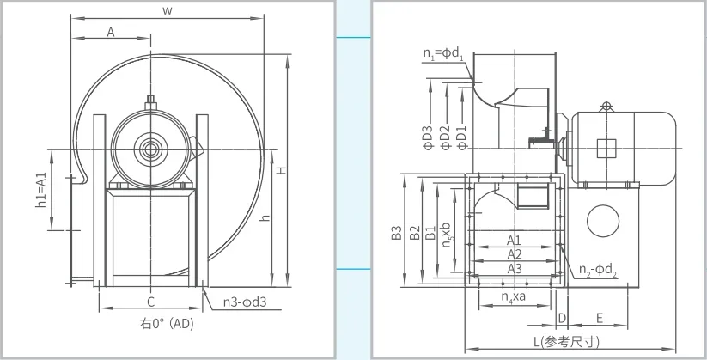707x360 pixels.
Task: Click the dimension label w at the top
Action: click(168, 11)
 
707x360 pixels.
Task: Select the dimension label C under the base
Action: click(151, 302)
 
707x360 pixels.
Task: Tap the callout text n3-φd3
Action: click(245, 302)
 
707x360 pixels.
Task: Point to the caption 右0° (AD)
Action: click(167, 323)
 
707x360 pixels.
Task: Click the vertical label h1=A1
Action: click(41, 190)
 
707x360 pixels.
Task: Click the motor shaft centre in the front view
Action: click(150, 149)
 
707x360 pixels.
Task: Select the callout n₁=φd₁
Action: click(443, 53)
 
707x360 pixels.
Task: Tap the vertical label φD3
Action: click(428, 137)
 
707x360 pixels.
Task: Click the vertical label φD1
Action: click(460, 137)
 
